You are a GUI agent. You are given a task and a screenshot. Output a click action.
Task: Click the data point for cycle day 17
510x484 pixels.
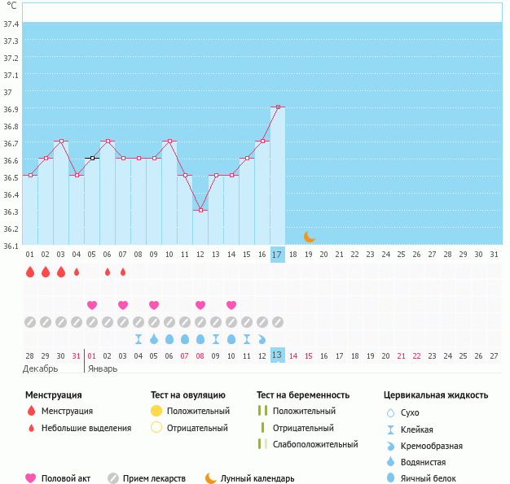278,107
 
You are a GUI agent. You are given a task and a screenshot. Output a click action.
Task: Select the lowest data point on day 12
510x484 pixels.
200,210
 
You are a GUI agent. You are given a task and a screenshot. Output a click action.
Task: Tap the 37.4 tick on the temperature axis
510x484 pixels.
11,24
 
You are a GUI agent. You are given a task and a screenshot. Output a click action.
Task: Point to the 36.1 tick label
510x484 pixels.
11,246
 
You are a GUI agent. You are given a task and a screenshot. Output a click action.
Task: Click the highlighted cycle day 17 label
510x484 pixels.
277,255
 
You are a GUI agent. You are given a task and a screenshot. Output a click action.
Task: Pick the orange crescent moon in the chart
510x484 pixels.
309,237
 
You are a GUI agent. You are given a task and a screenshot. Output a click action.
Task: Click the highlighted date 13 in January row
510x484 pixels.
277,355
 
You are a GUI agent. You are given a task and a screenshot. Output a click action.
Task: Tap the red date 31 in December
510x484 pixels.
77,355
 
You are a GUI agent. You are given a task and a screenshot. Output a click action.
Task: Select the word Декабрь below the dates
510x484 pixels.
41,368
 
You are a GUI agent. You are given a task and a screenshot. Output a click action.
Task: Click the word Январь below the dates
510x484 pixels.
102,368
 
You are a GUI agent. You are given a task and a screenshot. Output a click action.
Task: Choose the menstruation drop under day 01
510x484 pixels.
30,272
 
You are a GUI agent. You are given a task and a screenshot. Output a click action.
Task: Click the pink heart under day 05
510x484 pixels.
92,305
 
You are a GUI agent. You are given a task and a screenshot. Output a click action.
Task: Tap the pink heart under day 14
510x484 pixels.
231,305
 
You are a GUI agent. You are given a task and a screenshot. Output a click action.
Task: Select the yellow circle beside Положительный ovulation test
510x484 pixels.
156,411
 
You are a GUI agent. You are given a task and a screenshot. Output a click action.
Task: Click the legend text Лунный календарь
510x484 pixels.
259,478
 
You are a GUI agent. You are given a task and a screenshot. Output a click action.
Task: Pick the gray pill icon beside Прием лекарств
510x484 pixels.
112,478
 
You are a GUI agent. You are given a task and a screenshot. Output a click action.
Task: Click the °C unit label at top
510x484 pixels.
11,6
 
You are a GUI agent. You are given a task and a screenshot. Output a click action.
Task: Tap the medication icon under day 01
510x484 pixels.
30,321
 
